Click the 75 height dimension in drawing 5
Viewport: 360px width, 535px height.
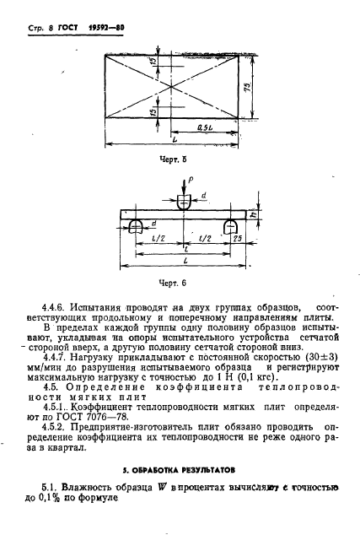265,89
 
